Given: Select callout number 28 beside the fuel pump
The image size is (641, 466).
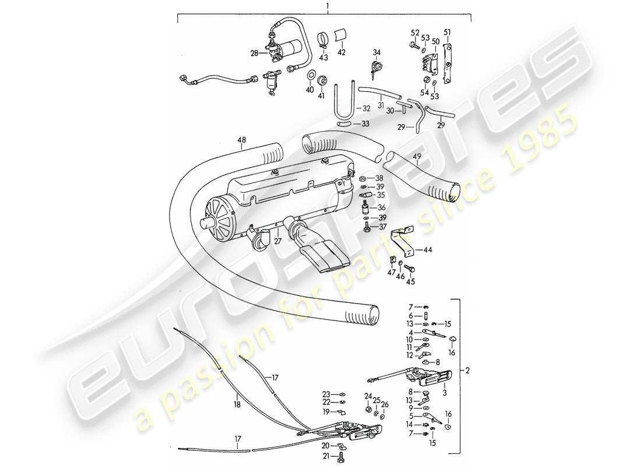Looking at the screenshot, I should (254, 53).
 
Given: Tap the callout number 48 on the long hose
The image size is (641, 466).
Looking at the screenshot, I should (242, 140).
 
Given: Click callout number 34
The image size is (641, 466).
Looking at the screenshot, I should (376, 52).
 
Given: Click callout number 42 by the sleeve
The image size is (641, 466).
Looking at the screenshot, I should (341, 52).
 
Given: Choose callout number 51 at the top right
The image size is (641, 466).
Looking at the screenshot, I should (448, 31).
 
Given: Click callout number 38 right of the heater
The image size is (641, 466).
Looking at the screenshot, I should (379, 178).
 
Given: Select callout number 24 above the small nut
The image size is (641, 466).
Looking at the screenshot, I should (368, 397).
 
